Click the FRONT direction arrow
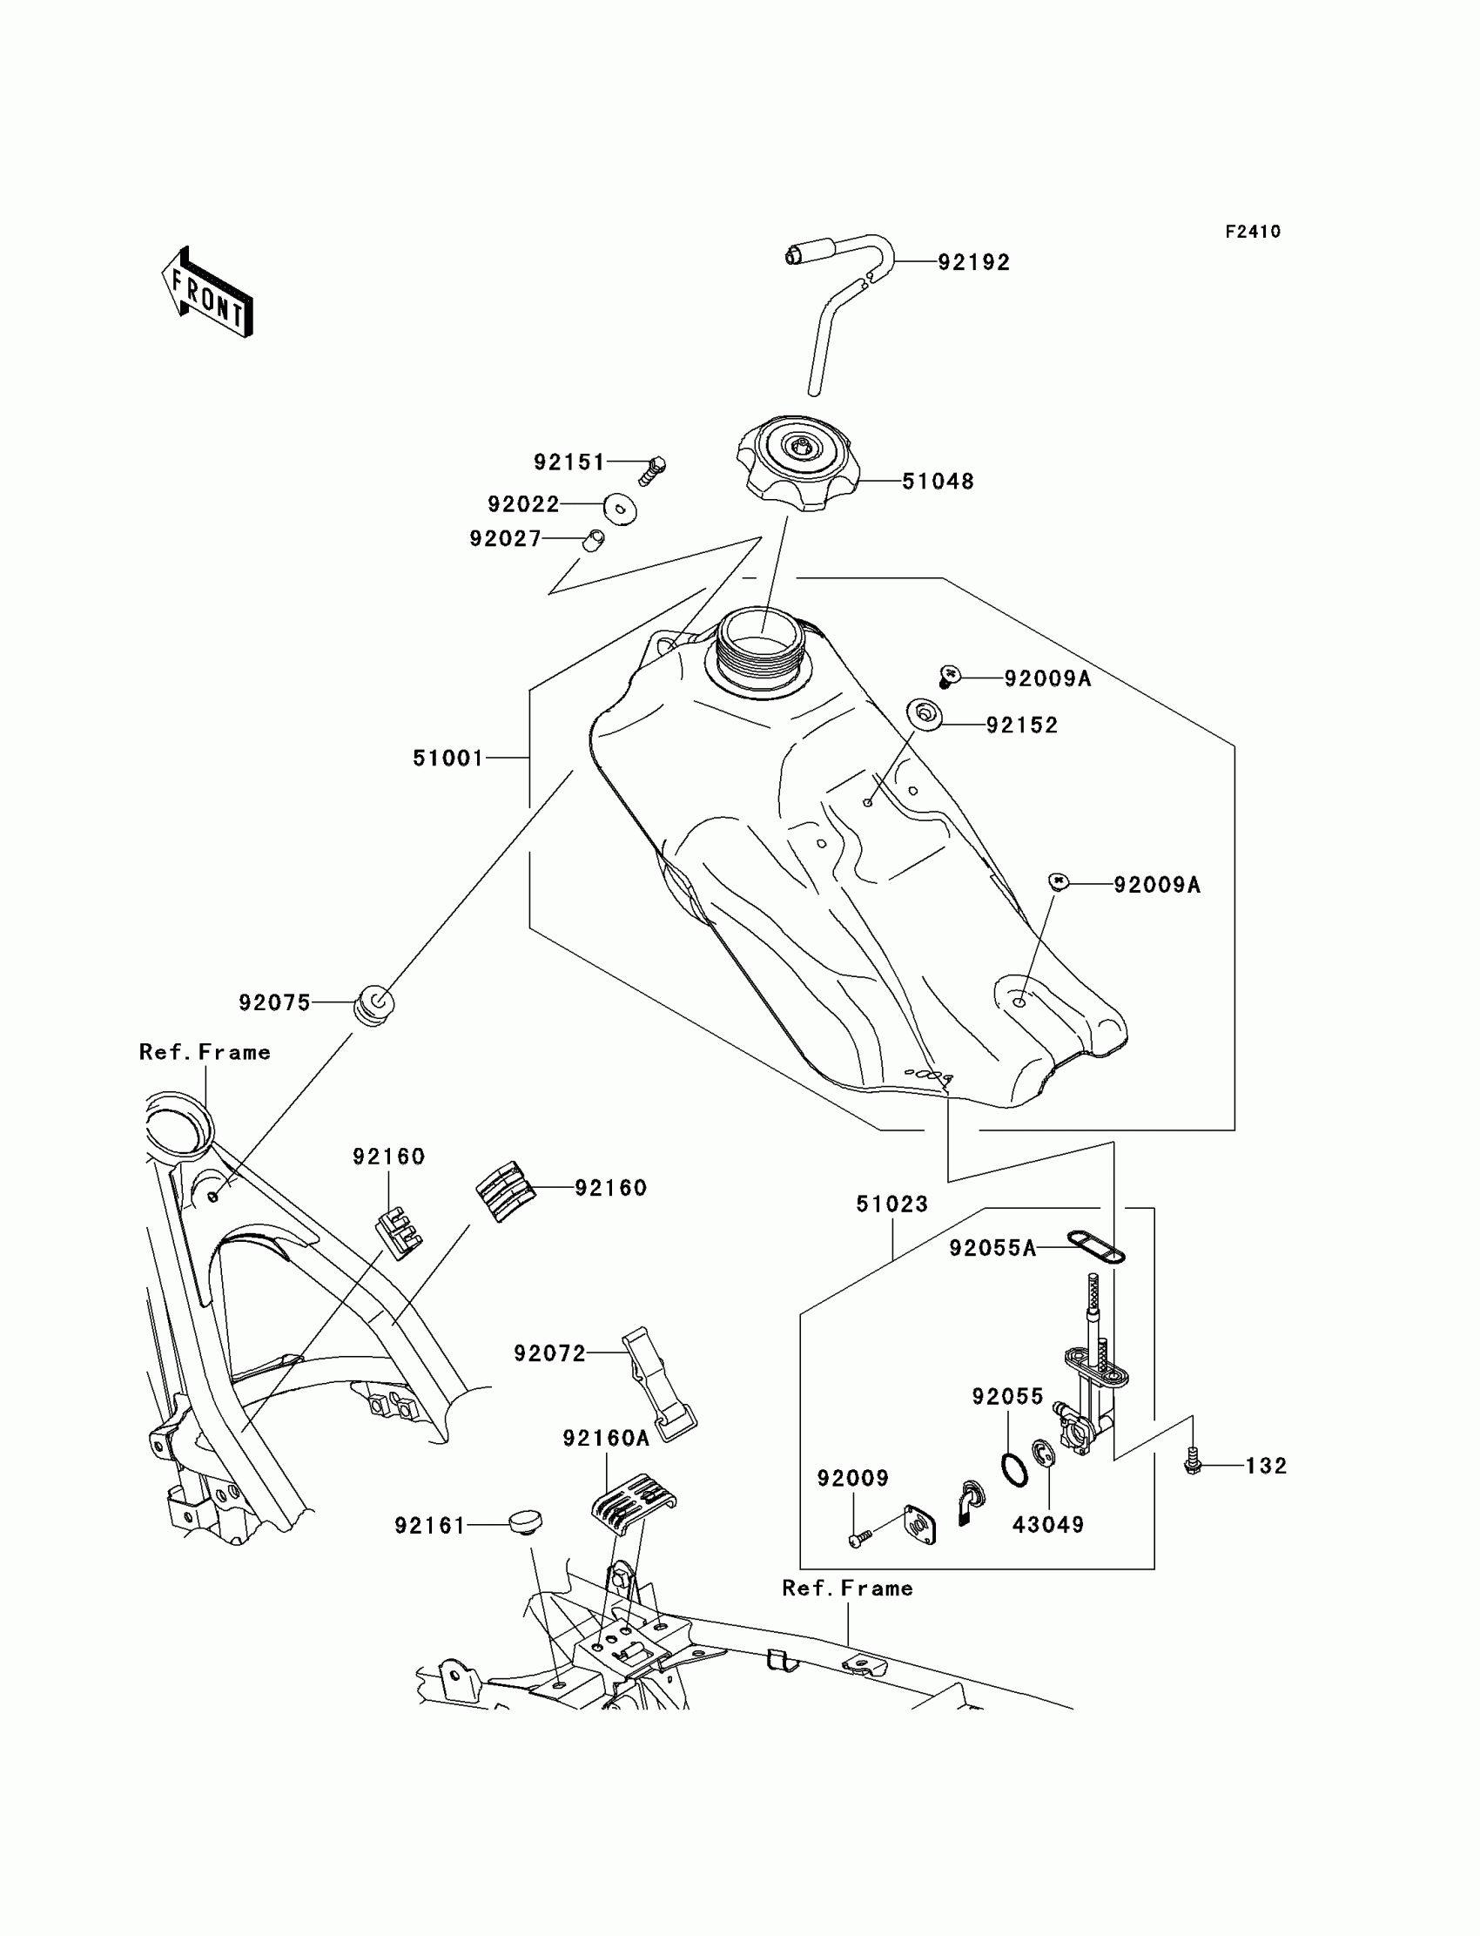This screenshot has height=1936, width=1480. point(207,293)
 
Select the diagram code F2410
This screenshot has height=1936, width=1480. point(1253,232)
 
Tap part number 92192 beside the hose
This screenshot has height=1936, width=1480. point(973,263)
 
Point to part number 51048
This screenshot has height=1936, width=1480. point(938,481)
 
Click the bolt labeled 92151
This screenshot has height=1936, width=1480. point(651,471)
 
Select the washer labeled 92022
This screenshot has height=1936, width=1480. point(620,509)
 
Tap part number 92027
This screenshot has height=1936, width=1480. point(506,538)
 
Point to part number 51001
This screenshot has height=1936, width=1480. point(448,758)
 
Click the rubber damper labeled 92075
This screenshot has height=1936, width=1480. point(373,1007)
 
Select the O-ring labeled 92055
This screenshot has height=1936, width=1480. point(1015,1471)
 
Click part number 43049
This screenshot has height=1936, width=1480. point(1047,1524)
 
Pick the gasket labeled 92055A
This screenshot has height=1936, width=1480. point(1096,1246)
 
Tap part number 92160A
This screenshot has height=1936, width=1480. point(606,1438)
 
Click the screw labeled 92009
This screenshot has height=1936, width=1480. point(861,1539)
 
